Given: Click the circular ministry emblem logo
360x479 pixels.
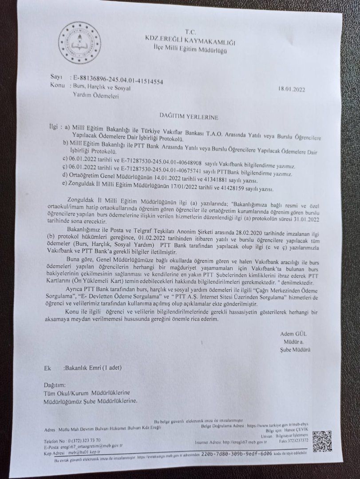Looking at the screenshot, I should pyautogui.click(x=80, y=43).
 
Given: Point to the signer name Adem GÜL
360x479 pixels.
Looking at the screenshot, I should pyautogui.click(x=293, y=334).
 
